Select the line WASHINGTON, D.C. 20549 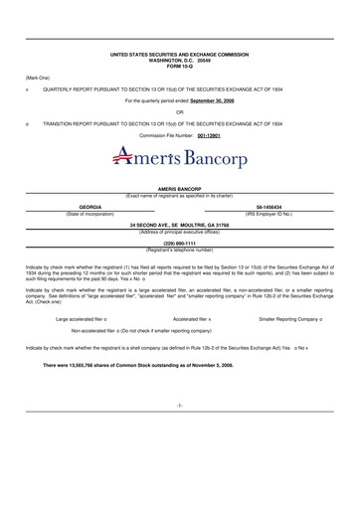[x=180, y=59]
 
